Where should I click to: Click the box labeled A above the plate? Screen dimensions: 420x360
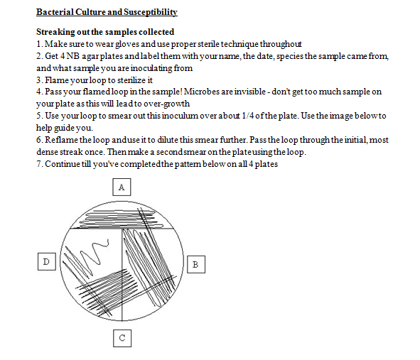click(x=122, y=187)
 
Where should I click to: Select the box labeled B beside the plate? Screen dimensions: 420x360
click(x=196, y=264)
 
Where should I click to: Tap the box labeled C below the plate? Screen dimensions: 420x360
click(x=122, y=338)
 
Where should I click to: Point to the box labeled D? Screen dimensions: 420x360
click(x=47, y=261)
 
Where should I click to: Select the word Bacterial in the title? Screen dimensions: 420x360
click(x=55, y=12)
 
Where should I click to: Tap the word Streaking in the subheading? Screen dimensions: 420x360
click(x=55, y=32)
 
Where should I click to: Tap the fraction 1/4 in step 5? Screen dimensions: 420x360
click(x=248, y=116)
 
